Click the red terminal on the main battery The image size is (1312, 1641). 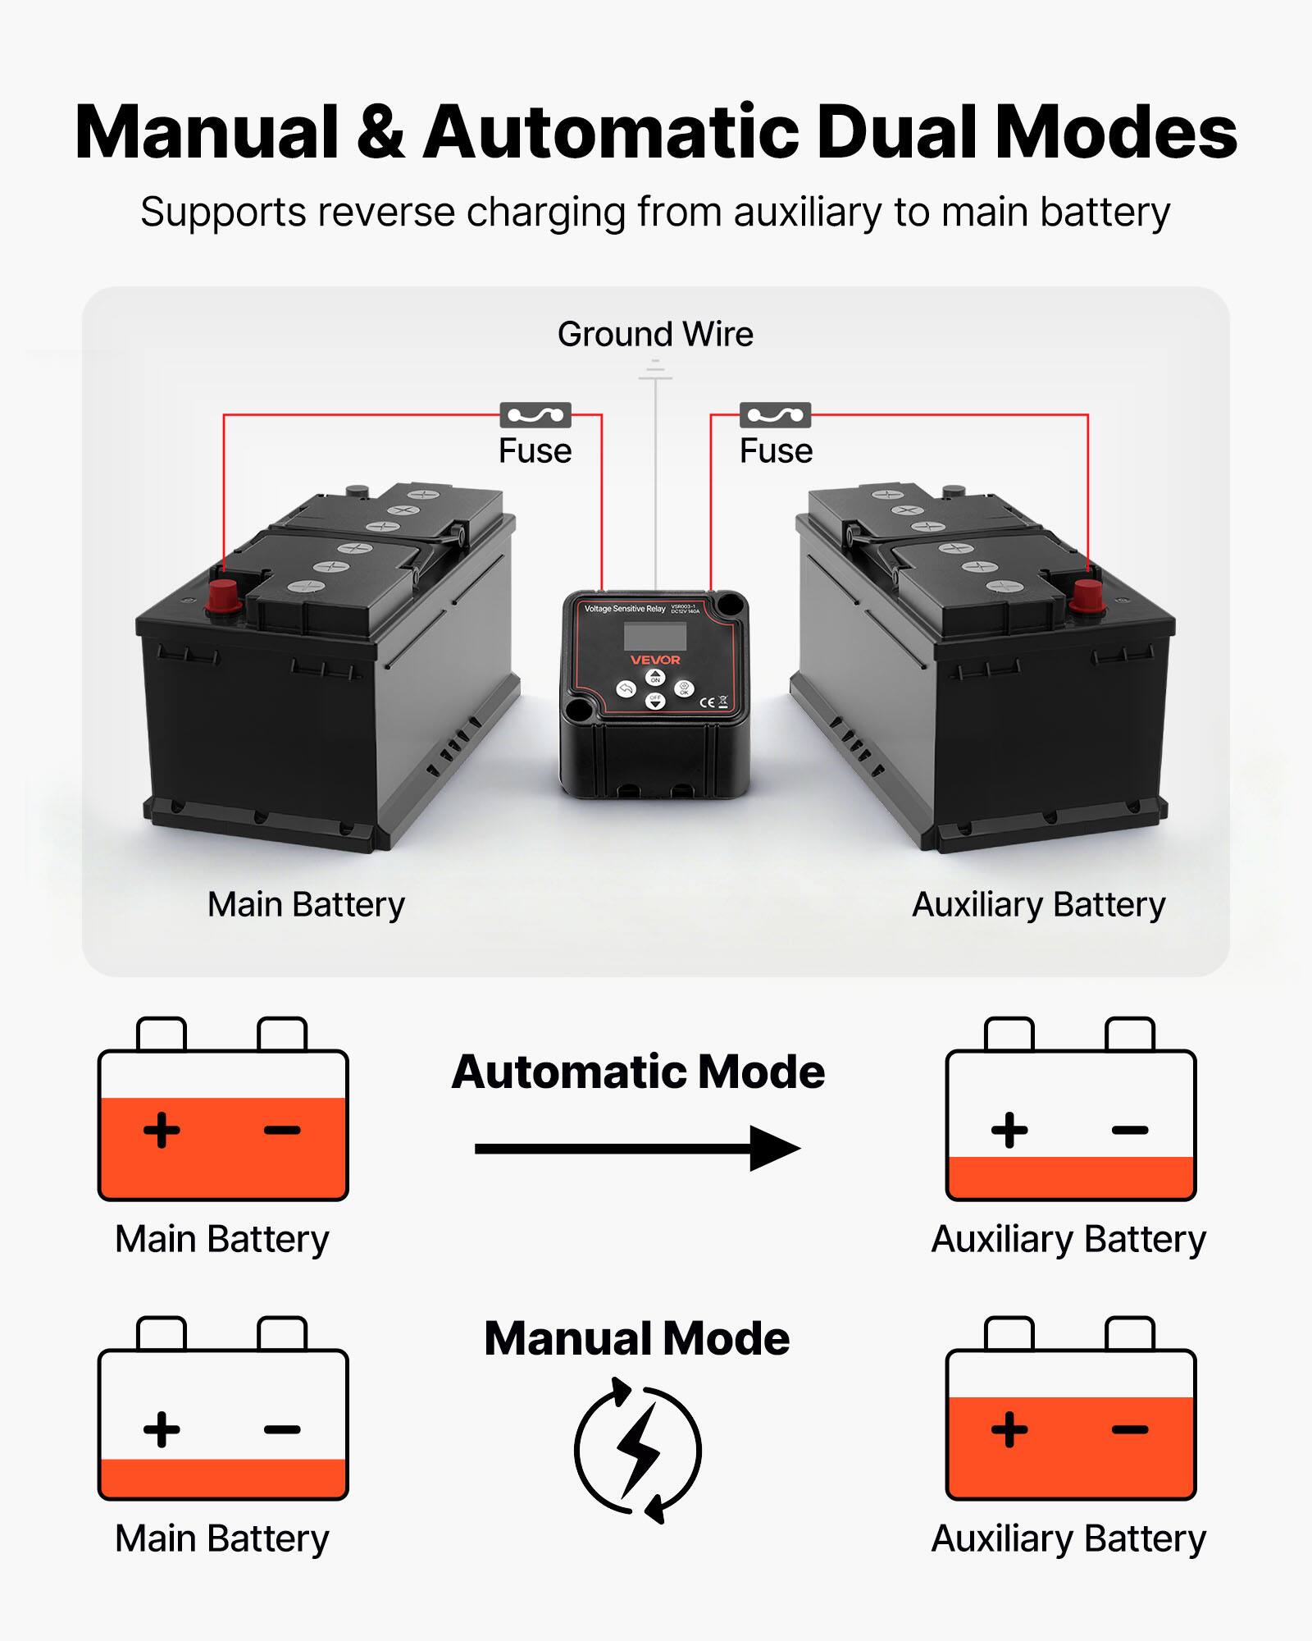[222, 597]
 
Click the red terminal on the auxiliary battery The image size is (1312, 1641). [1087, 597]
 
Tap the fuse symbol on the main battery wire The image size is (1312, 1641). [535, 415]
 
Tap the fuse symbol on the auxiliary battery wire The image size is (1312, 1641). [775, 415]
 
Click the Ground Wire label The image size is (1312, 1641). [655, 335]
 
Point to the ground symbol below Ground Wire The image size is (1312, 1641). [655, 373]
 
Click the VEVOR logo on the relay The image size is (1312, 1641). [655, 660]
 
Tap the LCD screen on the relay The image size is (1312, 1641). [654, 636]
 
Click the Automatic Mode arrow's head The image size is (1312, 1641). [775, 1149]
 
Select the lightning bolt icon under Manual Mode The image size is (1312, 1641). [639, 1450]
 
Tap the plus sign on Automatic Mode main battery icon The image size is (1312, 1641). [162, 1130]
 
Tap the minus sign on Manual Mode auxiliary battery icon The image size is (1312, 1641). [1130, 1429]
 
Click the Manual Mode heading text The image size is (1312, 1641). [637, 1339]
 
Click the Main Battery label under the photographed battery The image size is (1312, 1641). [306, 905]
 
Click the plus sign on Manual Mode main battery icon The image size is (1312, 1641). [162, 1429]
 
